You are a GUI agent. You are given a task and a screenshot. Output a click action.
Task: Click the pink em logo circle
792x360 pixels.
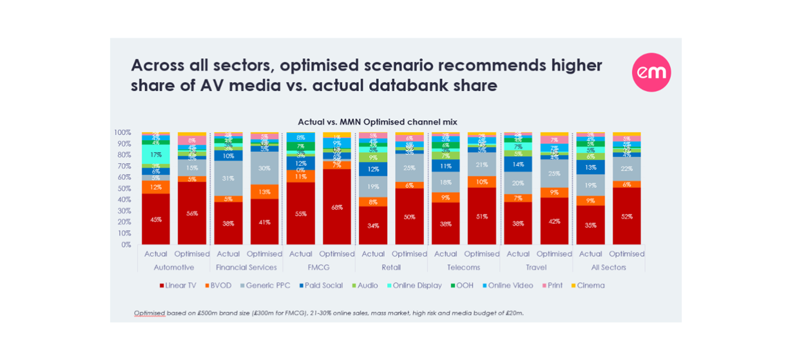click(651, 72)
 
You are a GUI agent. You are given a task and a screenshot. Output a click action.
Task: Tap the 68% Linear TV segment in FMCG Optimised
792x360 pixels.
click(337, 207)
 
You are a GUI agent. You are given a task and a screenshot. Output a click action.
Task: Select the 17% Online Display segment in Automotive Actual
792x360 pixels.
click(156, 155)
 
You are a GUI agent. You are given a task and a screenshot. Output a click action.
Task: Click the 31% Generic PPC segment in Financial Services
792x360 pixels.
click(228, 178)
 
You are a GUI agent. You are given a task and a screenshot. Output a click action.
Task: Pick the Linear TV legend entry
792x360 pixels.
click(178, 285)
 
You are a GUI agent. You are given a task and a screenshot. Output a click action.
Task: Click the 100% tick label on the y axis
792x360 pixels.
click(123, 132)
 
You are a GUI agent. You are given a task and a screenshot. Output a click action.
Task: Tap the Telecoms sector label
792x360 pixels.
click(464, 267)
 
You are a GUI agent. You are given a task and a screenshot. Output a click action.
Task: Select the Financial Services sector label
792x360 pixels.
click(246, 267)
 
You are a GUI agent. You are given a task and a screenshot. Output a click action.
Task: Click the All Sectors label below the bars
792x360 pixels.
click(608, 267)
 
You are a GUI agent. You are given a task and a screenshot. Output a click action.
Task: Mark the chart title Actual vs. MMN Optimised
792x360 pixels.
click(377, 122)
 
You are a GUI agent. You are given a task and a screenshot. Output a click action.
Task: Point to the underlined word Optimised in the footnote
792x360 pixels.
click(149, 313)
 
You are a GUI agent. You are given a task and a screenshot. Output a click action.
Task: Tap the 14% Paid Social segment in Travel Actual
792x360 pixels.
click(518, 164)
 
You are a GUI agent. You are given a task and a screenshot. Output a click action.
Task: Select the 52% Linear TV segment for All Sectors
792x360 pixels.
click(627, 216)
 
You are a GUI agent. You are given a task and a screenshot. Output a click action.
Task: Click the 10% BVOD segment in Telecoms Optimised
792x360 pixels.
click(482, 182)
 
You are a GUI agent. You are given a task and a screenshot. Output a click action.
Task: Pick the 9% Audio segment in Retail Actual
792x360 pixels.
click(373, 158)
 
